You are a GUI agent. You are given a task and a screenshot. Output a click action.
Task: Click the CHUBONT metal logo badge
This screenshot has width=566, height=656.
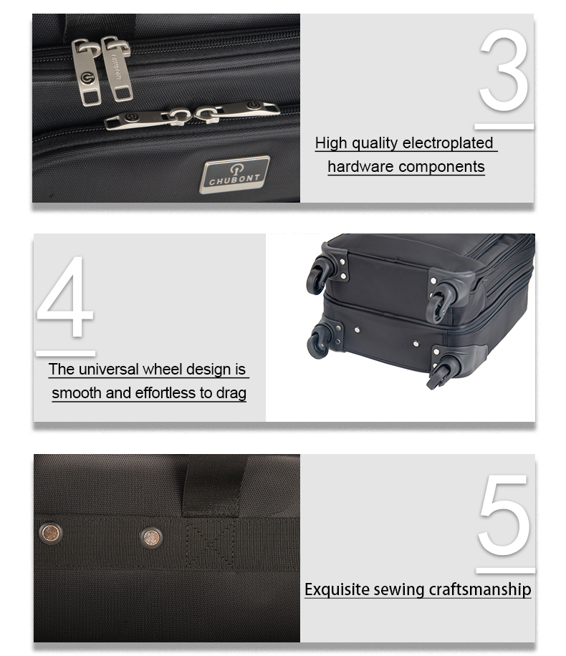[234, 175]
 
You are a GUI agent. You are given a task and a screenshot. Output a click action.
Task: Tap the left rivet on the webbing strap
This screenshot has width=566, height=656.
[51, 533]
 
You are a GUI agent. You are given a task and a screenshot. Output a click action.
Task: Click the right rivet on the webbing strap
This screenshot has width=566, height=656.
[151, 538]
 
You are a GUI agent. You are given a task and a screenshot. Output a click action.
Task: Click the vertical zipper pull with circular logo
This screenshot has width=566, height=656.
[87, 72]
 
